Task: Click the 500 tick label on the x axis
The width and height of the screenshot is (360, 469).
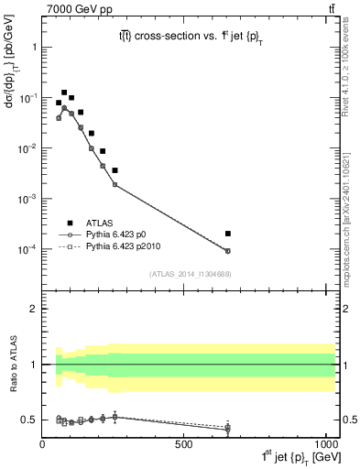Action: pyautogui.click(x=184, y=444)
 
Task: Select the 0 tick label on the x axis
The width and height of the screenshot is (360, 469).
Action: pyautogui.click(x=42, y=444)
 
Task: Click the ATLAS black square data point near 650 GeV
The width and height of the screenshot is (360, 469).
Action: pyautogui.click(x=228, y=234)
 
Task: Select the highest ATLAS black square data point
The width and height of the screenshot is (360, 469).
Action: pyautogui.click(x=64, y=93)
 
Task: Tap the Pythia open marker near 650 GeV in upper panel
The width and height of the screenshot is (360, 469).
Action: pyautogui.click(x=228, y=251)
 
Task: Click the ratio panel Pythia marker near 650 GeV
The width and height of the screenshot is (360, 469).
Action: pyautogui.click(x=228, y=428)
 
